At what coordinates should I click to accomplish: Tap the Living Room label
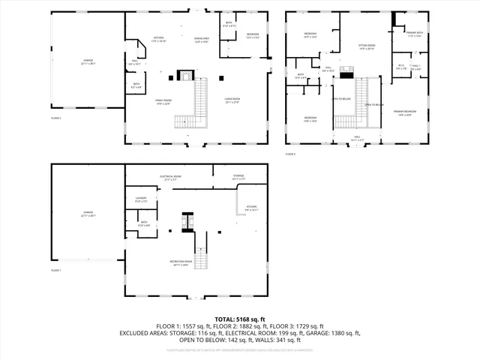click(232, 100)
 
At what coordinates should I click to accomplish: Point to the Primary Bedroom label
click(404, 113)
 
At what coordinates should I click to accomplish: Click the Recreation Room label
click(181, 262)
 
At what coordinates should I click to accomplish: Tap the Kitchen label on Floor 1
click(252, 208)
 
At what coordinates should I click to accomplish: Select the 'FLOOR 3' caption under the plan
click(290, 154)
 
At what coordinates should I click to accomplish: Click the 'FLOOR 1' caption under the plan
click(57, 269)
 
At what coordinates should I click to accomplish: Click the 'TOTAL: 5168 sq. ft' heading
click(240, 319)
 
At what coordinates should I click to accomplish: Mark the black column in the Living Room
click(222, 76)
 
